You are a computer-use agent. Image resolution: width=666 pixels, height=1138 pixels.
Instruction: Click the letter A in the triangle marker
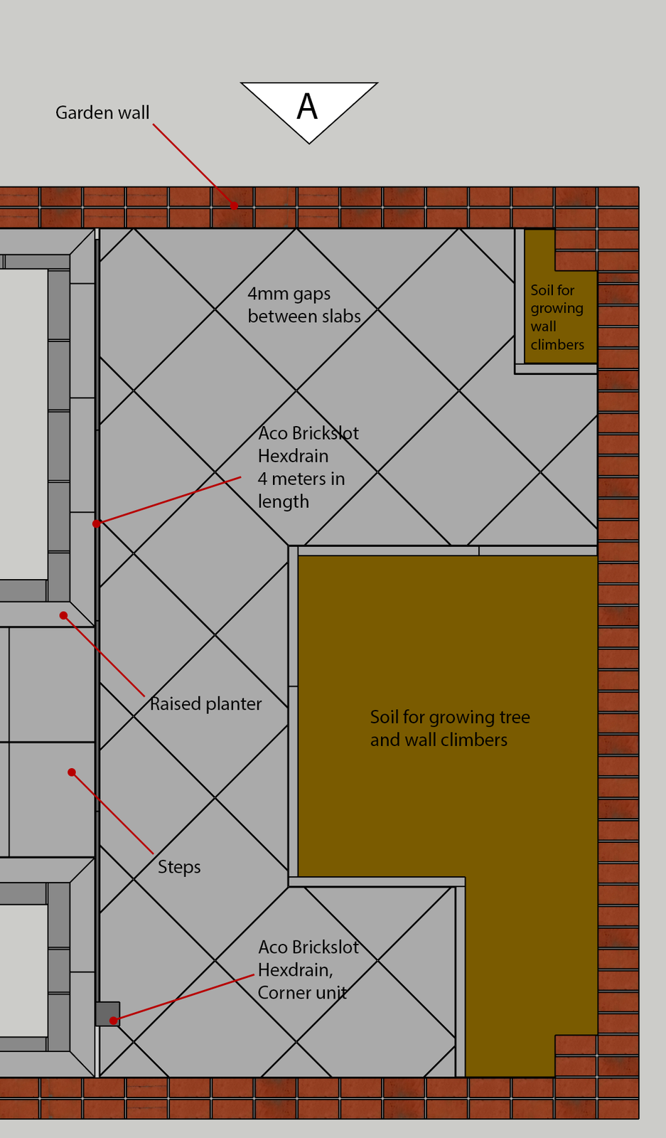[x=307, y=107]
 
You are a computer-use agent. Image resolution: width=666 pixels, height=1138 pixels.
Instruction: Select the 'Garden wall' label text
[x=102, y=113]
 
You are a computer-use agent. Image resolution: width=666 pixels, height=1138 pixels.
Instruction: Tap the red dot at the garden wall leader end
[x=234, y=206]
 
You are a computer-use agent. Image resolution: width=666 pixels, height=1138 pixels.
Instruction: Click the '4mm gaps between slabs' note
[x=304, y=305]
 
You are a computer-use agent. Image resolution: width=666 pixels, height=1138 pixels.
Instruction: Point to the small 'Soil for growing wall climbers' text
[x=557, y=317]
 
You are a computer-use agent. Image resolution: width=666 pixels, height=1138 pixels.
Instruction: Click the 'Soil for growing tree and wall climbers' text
[x=450, y=728]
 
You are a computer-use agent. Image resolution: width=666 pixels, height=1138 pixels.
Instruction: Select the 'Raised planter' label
[x=205, y=703]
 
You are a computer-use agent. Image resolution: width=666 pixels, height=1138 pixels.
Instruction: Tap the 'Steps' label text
[x=179, y=867]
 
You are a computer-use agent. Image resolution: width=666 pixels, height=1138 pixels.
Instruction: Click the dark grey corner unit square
[x=107, y=1014]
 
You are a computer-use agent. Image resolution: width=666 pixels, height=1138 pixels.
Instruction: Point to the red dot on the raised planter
[x=63, y=616]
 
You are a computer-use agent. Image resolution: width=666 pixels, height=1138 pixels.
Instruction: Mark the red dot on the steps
[x=72, y=772]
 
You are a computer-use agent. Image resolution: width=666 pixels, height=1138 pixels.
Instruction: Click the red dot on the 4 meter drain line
[x=97, y=523]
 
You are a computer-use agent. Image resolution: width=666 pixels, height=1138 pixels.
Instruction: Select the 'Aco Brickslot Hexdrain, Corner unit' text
[x=308, y=970]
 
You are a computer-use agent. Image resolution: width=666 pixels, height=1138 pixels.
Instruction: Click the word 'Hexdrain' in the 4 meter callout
[x=294, y=456]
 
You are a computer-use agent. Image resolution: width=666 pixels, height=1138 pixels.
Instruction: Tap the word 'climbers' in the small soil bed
[x=557, y=344]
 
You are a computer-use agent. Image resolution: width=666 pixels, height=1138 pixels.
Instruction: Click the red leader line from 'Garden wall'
[x=193, y=164]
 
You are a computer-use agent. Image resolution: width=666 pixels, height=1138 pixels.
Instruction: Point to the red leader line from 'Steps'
[x=112, y=813]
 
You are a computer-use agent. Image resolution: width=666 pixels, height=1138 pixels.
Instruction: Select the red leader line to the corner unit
[x=183, y=998]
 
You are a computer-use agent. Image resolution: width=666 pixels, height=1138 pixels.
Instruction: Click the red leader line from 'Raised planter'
[x=104, y=656]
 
